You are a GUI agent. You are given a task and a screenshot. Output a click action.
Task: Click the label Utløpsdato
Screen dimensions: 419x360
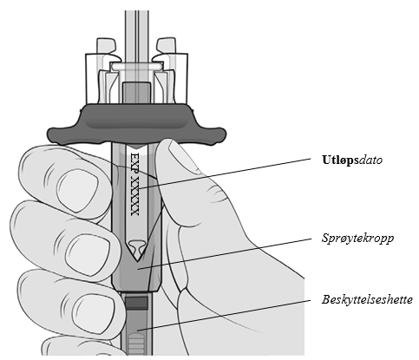352,160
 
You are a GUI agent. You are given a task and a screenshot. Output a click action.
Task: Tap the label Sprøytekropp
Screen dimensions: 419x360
357,239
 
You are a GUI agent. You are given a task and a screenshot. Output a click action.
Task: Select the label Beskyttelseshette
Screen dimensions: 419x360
367,299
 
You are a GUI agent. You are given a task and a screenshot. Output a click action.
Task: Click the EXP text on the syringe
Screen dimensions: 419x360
135,162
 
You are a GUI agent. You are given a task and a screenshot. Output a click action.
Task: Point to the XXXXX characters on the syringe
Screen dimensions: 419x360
135,196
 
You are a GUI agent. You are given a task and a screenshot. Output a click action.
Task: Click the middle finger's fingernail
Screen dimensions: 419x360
88,253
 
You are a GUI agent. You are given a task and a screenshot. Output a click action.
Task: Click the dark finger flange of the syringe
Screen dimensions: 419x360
136,125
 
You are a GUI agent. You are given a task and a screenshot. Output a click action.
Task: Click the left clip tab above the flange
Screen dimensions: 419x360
107,49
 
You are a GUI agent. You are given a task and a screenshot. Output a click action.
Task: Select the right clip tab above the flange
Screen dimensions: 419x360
166,49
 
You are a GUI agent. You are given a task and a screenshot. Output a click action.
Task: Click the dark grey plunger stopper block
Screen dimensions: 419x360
136,93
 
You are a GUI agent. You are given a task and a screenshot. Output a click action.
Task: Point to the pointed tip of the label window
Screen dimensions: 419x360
137,261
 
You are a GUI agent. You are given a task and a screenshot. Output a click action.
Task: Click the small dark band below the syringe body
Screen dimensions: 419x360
136,302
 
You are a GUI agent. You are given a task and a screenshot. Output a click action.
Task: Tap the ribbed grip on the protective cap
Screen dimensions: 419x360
136,344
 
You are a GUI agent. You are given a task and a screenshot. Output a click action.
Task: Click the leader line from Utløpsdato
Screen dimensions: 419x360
225,173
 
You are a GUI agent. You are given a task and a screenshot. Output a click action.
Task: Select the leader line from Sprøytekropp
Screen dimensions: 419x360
225,254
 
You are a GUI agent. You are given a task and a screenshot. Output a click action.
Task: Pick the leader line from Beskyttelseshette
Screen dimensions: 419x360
225,315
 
